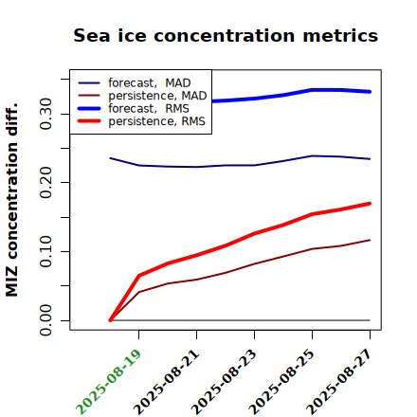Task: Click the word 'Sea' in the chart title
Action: click(92, 35)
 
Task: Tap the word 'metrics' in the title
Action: click(340, 35)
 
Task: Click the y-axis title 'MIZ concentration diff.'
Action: click(11, 200)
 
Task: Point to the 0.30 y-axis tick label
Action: click(46, 114)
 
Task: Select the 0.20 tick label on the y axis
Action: click(46, 182)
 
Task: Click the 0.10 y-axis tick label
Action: click(46, 251)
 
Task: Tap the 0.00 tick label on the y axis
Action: click(46, 320)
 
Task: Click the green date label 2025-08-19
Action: click(108, 382)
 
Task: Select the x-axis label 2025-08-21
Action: click(167, 382)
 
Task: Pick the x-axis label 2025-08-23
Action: click(224, 382)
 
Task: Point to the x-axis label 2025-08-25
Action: click(281, 382)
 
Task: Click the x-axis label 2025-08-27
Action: click(339, 382)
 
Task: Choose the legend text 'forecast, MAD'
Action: click(150, 83)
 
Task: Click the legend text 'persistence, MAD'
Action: click(157, 96)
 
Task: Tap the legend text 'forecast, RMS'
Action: click(149, 108)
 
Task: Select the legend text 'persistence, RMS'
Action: click(156, 121)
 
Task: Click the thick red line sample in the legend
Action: click(89, 120)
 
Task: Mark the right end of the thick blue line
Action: click(370, 92)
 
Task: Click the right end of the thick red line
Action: click(370, 204)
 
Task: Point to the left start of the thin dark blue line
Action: click(110, 158)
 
